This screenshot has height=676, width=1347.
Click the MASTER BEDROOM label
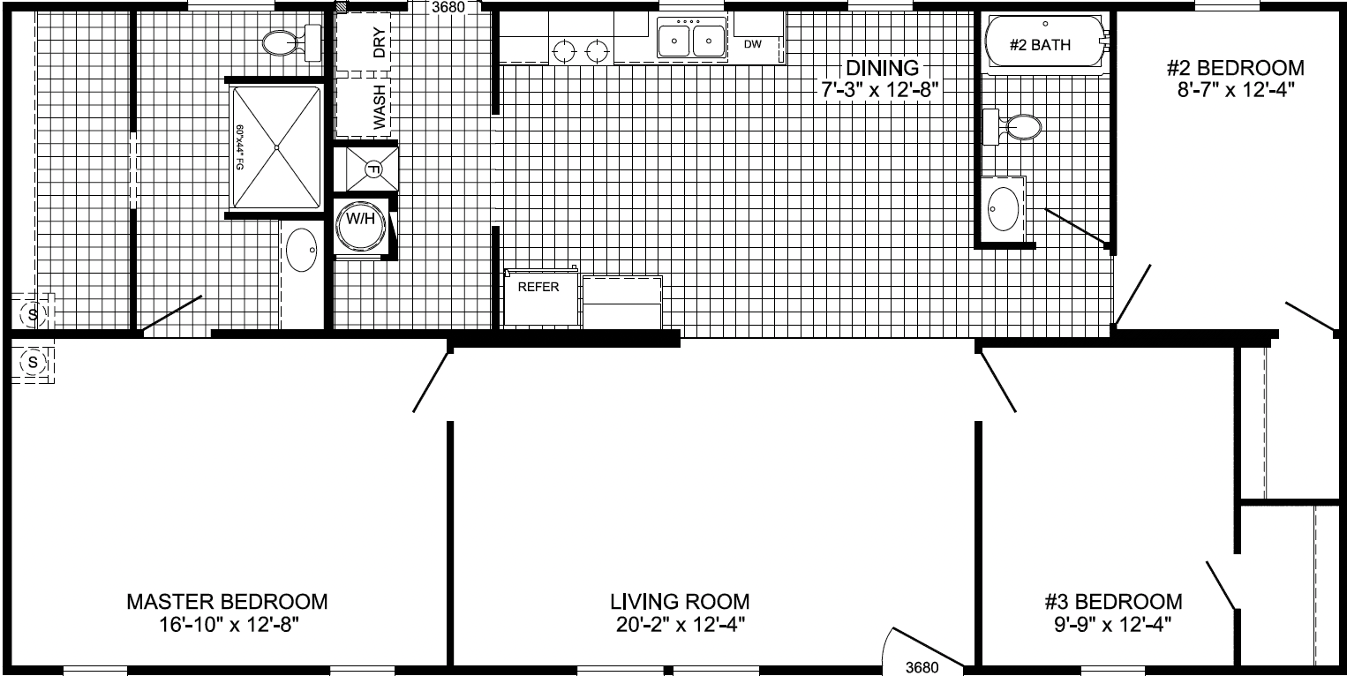(227, 602)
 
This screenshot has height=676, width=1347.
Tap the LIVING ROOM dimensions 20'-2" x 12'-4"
(680, 625)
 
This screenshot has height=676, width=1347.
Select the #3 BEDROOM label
(1113, 602)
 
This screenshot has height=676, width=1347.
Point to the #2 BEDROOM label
(1234, 69)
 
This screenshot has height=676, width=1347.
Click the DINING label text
(882, 67)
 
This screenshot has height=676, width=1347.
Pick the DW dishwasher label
(752, 43)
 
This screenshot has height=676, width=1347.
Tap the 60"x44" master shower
(276, 146)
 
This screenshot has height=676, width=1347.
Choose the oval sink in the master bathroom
(303, 250)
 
